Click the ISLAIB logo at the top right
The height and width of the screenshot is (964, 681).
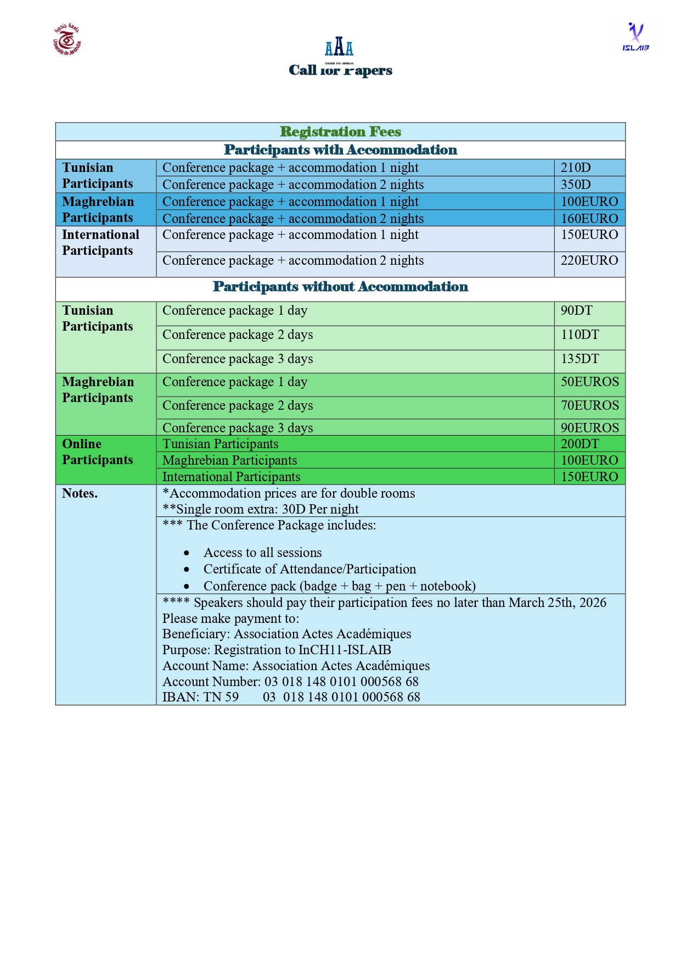point(635,37)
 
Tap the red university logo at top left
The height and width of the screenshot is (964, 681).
point(67,40)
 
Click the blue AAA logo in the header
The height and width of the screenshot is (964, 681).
point(339,47)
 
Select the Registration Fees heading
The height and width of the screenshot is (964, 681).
point(340,132)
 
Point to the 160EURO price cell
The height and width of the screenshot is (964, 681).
point(589,219)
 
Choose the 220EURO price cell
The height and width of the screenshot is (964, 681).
point(589,260)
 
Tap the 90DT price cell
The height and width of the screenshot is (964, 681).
point(576,310)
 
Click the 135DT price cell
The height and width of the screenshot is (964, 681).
point(579,359)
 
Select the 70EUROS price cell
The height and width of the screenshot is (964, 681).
point(589,405)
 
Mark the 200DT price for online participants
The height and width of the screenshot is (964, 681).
point(579,444)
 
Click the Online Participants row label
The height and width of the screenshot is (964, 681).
point(97,452)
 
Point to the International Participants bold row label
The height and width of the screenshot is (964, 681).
point(100,243)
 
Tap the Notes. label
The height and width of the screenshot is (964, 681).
point(80,493)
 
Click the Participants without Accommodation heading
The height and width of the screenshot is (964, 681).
point(340,287)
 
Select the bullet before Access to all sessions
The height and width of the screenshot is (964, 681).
point(187,553)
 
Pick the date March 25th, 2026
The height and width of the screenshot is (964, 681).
point(557,603)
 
